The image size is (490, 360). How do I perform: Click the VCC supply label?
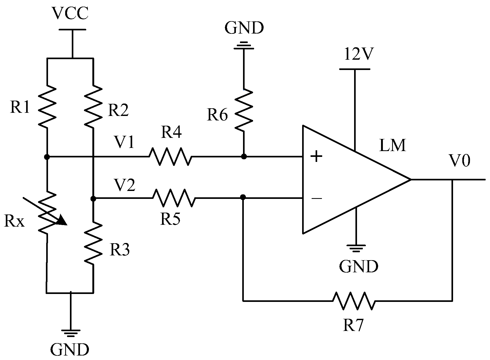pyautogui.click(x=70, y=14)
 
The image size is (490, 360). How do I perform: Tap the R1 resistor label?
pyautogui.click(x=20, y=107)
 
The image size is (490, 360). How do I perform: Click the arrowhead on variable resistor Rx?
pyautogui.click(x=62, y=220)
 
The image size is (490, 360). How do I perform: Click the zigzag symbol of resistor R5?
pyautogui.click(x=174, y=198)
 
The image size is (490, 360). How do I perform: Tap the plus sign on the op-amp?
pyautogui.click(x=316, y=157)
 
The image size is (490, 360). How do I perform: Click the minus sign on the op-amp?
pyautogui.click(x=316, y=198)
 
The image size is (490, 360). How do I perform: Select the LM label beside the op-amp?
pyautogui.click(x=392, y=145)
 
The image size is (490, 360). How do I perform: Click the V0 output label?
pyautogui.click(x=460, y=161)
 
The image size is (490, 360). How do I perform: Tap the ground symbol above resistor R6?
pyautogui.click(x=244, y=45)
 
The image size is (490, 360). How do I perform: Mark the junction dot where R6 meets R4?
pyautogui.click(x=244, y=157)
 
